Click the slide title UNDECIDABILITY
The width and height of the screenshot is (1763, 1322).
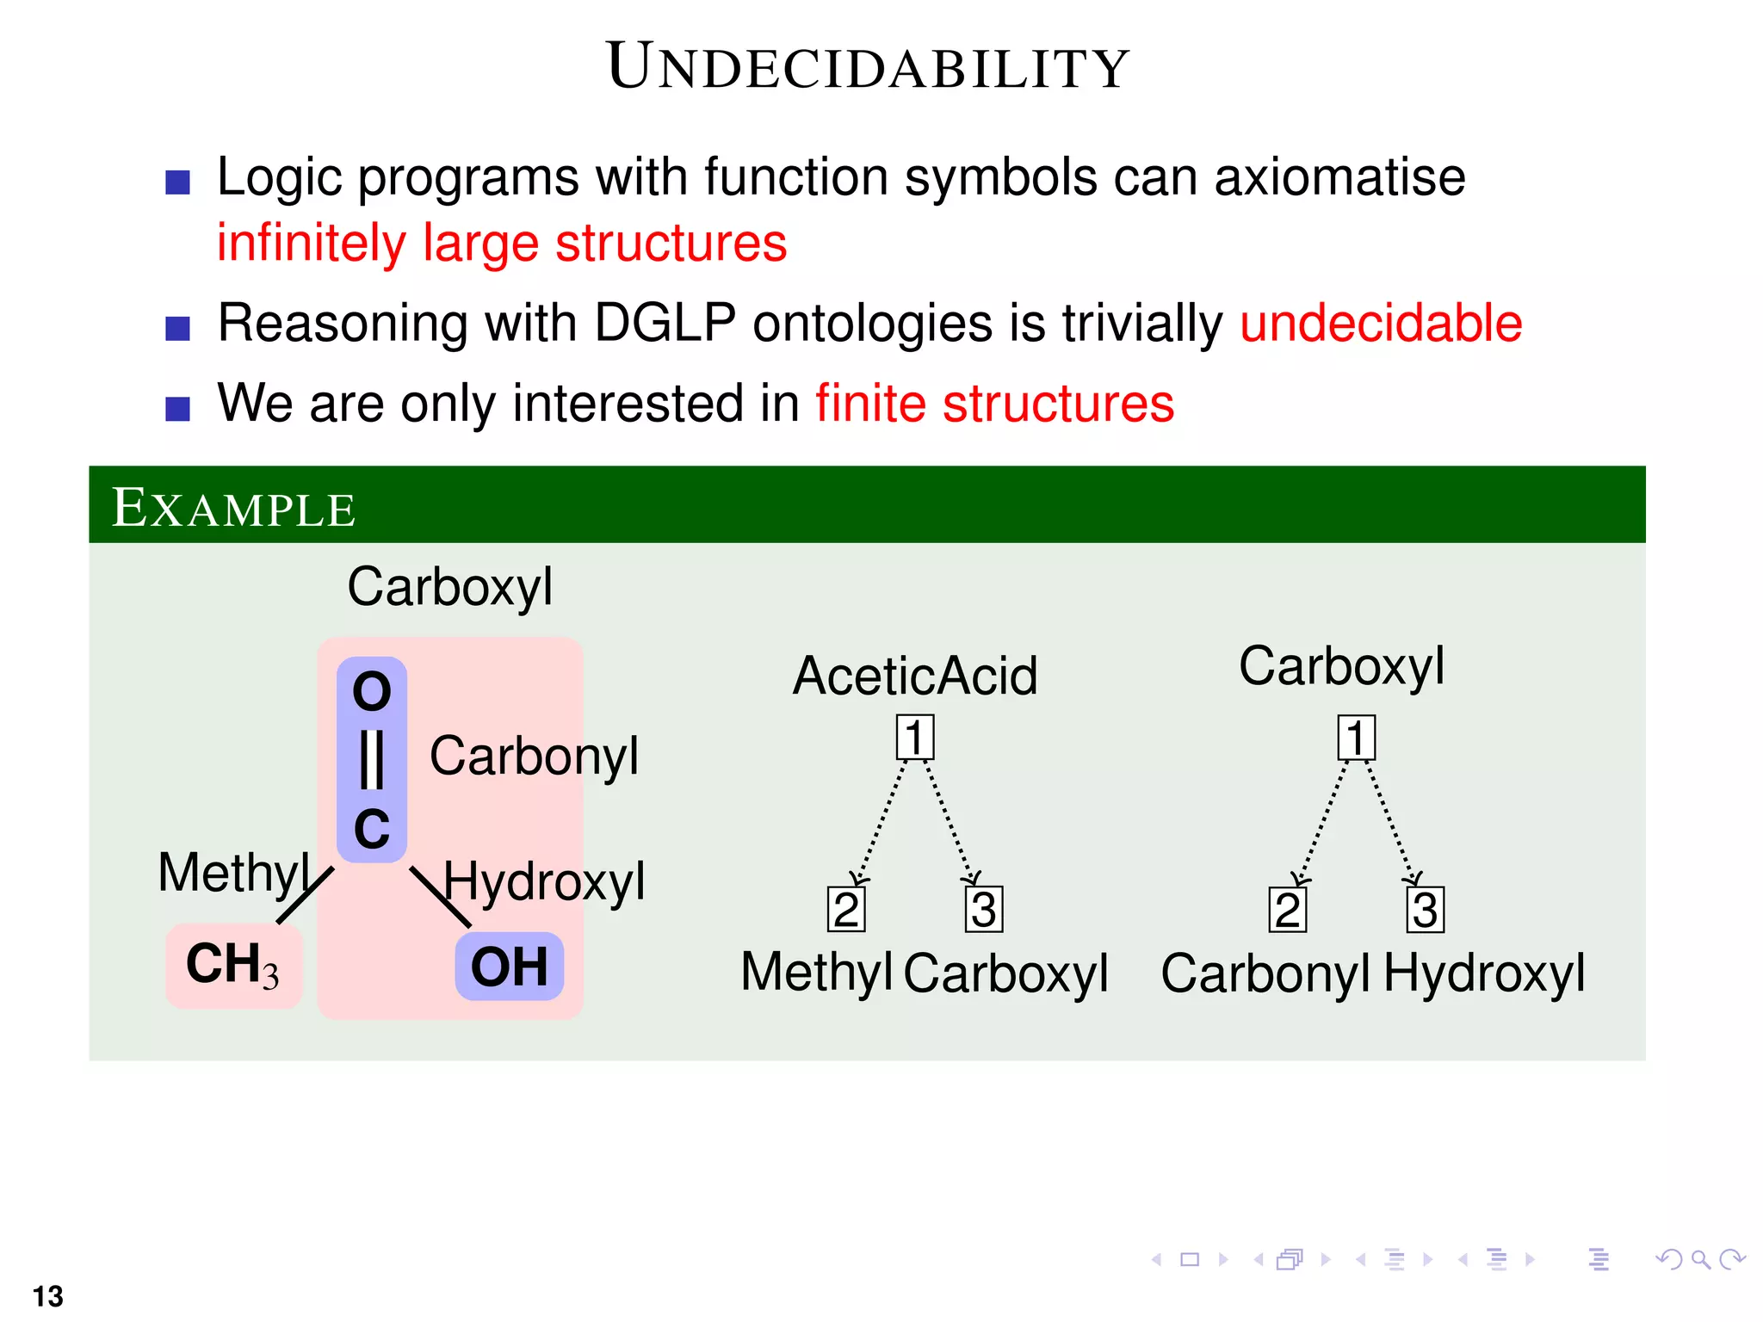pyautogui.click(x=868, y=67)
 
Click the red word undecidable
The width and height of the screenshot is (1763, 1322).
pyautogui.click(x=1380, y=324)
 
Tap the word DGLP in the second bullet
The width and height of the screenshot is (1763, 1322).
pyautogui.click(x=665, y=324)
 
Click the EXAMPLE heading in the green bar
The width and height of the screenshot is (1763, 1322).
pyautogui.click(x=233, y=508)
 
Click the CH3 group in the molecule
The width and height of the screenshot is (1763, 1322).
pyautogui.click(x=232, y=965)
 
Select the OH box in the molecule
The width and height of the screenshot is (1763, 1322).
pyautogui.click(x=509, y=967)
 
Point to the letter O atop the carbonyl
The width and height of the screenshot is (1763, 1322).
pyautogui.click(x=372, y=691)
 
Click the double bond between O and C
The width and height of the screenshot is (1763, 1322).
pyautogui.click(x=371, y=759)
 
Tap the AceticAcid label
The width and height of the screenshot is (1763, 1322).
pyautogui.click(x=915, y=676)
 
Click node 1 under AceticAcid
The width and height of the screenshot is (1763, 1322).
pyautogui.click(x=914, y=738)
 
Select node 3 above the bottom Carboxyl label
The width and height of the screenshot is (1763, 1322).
pyautogui.click(x=983, y=910)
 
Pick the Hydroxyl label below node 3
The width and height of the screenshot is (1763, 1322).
pyautogui.click(x=1484, y=973)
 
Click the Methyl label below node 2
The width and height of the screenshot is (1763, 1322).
pyautogui.click(x=816, y=973)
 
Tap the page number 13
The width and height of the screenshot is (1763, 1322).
pyautogui.click(x=48, y=1295)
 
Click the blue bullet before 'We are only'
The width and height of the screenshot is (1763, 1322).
pyautogui.click(x=177, y=408)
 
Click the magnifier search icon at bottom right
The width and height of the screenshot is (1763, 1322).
pyautogui.click(x=1700, y=1260)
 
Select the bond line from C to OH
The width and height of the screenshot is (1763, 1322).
pyautogui.click(x=440, y=896)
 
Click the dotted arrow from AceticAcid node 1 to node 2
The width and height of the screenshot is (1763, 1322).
pyautogui.click(x=880, y=822)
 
